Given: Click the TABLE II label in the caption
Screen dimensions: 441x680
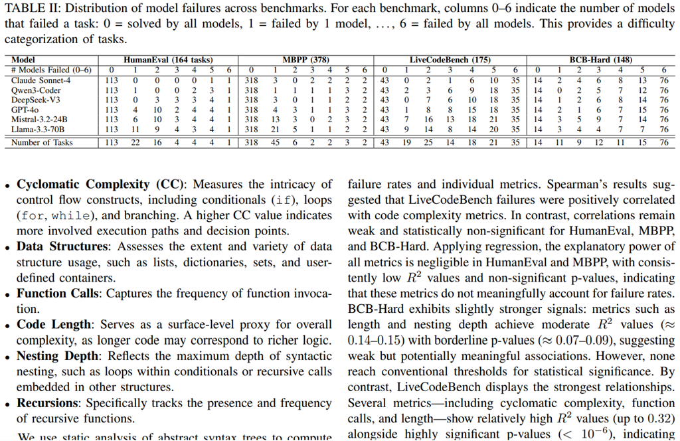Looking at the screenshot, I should click(x=27, y=9).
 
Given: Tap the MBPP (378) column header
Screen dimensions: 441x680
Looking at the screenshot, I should click(x=306, y=60).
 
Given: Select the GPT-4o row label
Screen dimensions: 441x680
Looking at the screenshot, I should click(x=25, y=110).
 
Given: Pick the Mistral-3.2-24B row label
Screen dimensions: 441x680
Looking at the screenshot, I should click(x=39, y=120).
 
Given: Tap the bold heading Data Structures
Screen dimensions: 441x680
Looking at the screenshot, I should click(x=62, y=246).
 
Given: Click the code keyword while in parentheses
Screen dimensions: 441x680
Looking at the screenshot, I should click(x=64, y=216).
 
